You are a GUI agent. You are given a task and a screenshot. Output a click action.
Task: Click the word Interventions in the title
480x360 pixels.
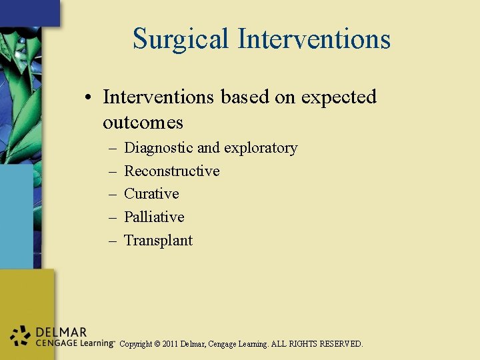tap(314, 39)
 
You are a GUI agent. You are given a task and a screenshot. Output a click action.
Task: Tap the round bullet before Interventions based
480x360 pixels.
tap(88, 98)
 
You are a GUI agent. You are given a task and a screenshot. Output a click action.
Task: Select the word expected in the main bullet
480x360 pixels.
tap(339, 97)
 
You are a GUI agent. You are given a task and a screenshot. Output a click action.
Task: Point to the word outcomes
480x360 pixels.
tap(143, 123)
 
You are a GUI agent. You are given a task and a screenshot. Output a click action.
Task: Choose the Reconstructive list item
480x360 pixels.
tap(172, 171)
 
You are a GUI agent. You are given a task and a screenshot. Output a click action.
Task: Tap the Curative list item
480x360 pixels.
tap(151, 194)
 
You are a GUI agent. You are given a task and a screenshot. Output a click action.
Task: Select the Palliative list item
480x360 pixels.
tap(154, 217)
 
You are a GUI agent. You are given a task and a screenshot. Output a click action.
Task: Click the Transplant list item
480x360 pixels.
tap(158, 241)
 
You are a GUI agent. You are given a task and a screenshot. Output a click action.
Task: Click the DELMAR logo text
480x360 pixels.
tap(61, 332)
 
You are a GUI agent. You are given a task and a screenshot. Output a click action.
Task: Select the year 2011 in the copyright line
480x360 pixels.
tap(173, 345)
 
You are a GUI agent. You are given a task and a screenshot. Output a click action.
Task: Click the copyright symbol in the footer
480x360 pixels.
tap(157, 345)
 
